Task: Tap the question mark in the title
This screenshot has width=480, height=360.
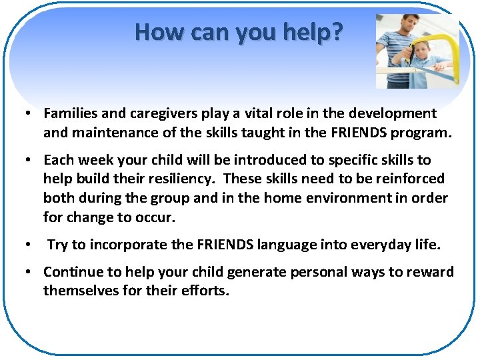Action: (x=335, y=31)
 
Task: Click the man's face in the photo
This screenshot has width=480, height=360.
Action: (x=409, y=28)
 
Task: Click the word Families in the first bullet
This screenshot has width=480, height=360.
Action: (x=70, y=114)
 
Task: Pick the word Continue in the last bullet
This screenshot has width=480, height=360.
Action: (x=72, y=272)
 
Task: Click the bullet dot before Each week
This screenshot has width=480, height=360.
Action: (x=29, y=161)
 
